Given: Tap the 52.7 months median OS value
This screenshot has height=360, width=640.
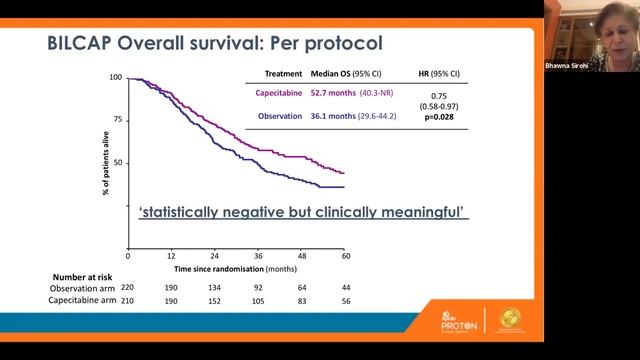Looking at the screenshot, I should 351,96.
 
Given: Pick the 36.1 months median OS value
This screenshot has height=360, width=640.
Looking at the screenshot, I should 351,116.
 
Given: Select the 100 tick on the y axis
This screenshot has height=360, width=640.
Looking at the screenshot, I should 116,78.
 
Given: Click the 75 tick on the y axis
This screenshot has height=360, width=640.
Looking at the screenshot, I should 118,120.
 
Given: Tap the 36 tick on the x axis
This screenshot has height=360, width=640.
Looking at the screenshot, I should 258,255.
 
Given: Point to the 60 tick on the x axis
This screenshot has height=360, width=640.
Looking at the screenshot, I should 345,255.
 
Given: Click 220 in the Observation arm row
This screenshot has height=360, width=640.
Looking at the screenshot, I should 128,288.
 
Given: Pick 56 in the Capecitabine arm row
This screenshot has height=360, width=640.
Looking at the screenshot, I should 345,300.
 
